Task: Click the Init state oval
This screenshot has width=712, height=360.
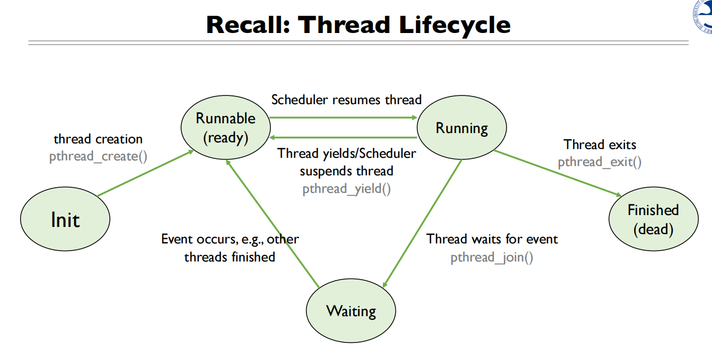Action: (66, 220)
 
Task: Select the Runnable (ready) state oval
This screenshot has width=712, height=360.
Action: (225, 127)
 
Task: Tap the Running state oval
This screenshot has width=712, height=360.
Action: (462, 128)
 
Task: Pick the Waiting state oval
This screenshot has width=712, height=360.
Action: (351, 312)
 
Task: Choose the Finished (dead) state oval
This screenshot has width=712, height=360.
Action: (653, 219)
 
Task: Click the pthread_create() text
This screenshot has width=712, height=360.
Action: (98, 156)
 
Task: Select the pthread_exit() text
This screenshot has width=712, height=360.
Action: (600, 162)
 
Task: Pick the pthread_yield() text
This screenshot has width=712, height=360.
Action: (346, 188)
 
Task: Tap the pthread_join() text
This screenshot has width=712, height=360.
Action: (492, 257)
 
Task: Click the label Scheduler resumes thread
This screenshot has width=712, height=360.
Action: (346, 100)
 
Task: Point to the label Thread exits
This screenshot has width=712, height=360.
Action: (600, 144)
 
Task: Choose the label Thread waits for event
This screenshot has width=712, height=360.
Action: (492, 239)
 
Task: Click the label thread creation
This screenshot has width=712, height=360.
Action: (98, 139)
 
